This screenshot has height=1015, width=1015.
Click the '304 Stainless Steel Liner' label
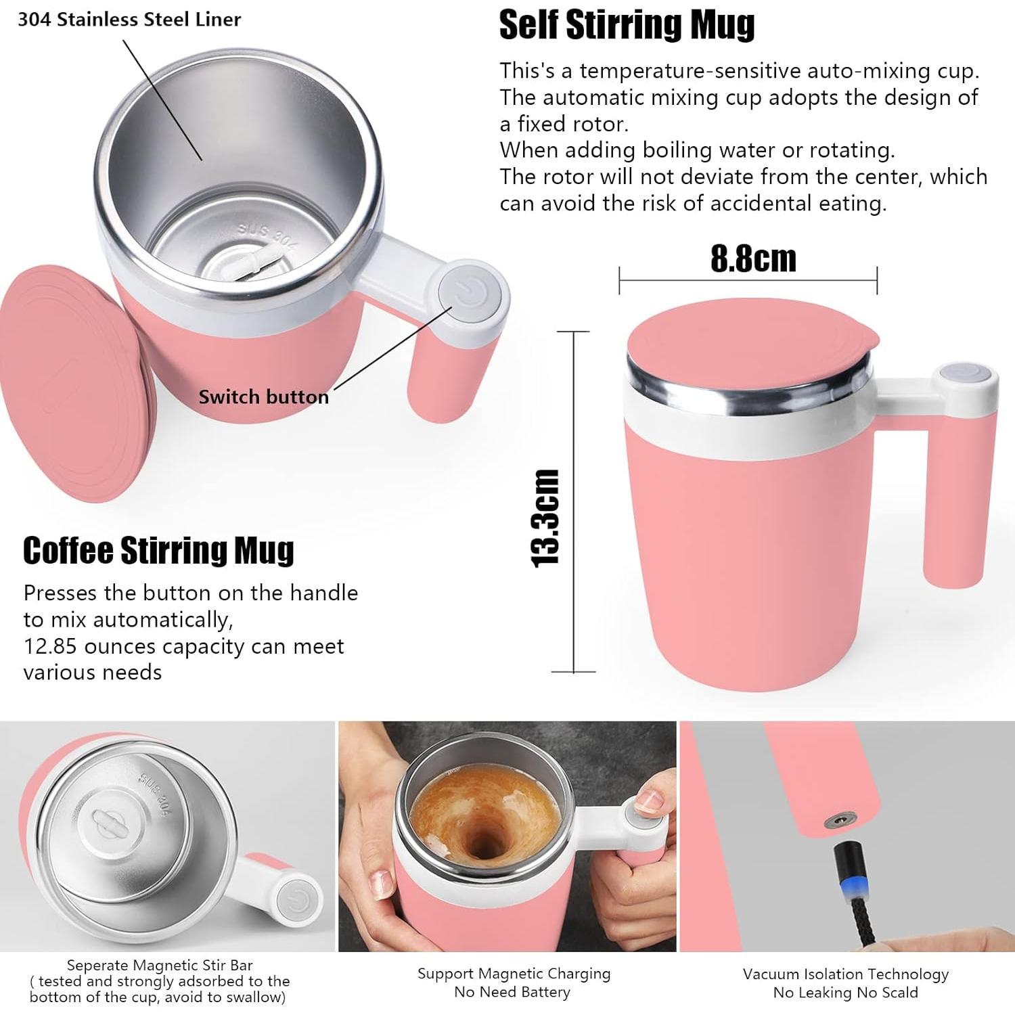tap(129, 20)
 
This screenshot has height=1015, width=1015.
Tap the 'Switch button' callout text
tap(263, 397)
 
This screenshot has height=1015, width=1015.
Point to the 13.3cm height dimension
tap(546, 518)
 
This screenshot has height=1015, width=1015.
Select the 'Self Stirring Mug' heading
tap(627, 25)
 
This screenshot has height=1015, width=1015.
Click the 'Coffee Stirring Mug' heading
tap(158, 550)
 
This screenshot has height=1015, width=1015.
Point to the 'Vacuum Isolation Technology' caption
tap(846, 974)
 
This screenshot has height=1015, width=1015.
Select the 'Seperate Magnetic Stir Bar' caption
tap(160, 965)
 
